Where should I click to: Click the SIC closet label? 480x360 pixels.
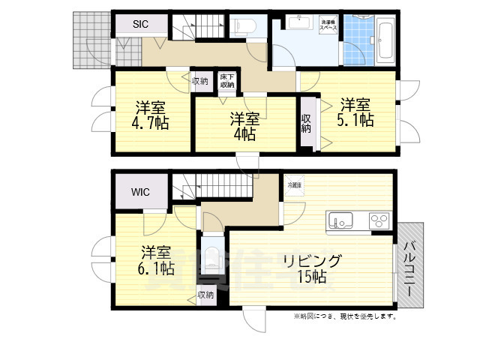pyautogui.click(x=140, y=24)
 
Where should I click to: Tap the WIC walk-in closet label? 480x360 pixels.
pyautogui.click(x=140, y=192)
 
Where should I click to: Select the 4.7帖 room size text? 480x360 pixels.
pyautogui.click(x=151, y=123)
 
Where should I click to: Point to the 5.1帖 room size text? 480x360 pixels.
pyautogui.click(x=355, y=121)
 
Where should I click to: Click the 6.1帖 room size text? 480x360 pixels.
pyautogui.click(x=156, y=268)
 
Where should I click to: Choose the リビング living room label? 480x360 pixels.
pyautogui.click(x=312, y=261)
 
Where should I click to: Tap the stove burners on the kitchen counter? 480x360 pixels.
pyautogui.click(x=379, y=220)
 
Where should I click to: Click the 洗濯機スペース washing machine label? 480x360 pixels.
pyautogui.click(x=328, y=25)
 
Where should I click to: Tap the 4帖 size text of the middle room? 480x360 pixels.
pyautogui.click(x=244, y=135)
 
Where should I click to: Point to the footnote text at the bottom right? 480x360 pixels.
pyautogui.click(x=344, y=316)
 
